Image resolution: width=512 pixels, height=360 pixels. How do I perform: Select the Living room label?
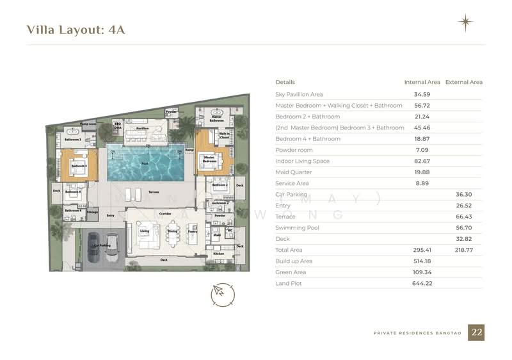(x=145, y=231)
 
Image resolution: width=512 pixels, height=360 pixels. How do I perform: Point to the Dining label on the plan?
(x=172, y=231)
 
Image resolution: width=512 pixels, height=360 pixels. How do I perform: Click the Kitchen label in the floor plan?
(x=219, y=254)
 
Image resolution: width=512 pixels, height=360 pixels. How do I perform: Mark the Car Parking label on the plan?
(x=102, y=245)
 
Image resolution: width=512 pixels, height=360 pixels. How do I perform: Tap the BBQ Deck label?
(x=118, y=126)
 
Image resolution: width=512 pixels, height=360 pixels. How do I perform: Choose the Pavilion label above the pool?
(x=142, y=128)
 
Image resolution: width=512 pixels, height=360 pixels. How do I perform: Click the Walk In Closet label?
(x=224, y=136)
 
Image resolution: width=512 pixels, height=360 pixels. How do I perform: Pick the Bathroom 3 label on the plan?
(x=72, y=139)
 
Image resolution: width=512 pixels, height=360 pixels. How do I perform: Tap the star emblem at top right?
(x=465, y=23)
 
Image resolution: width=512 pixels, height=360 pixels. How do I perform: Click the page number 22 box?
(x=476, y=332)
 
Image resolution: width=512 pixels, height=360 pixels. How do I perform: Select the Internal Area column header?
(x=422, y=82)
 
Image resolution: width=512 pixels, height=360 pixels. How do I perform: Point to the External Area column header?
(x=463, y=82)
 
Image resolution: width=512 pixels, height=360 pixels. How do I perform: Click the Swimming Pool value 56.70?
(x=463, y=227)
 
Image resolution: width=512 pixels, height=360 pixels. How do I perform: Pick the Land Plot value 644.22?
(x=422, y=282)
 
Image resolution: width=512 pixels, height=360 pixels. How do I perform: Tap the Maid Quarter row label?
(x=293, y=172)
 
